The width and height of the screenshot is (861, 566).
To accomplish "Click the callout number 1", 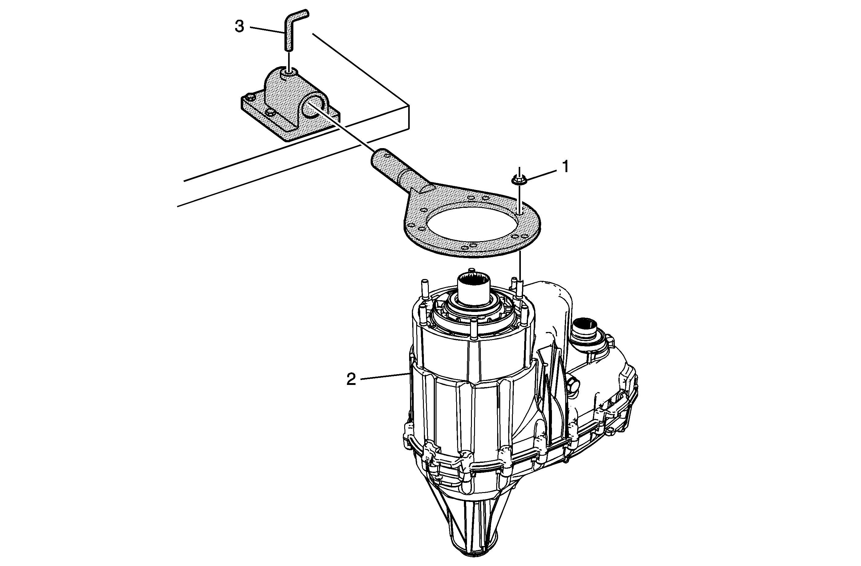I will [x=565, y=167].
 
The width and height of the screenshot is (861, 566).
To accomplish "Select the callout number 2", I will [x=351, y=380].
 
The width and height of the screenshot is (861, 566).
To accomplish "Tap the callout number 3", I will [x=239, y=27].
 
